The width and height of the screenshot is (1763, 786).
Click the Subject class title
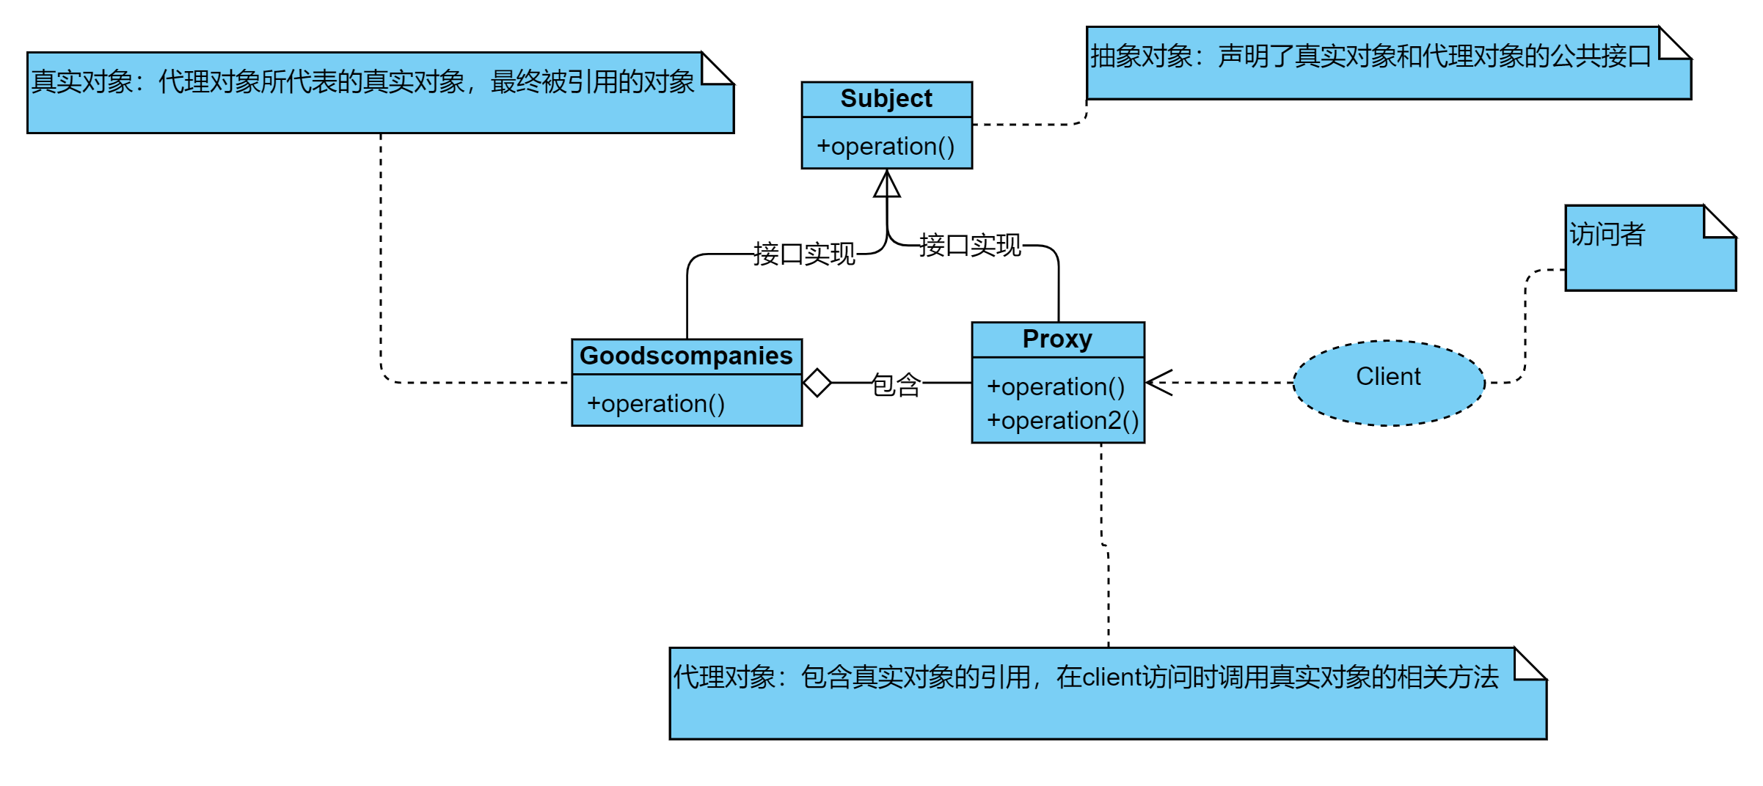tap(886, 99)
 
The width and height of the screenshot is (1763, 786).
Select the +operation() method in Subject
tap(886, 147)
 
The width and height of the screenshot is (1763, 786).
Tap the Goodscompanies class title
tap(686, 356)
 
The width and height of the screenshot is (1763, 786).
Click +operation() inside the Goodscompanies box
tap(655, 404)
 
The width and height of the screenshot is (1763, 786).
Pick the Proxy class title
tap(1057, 339)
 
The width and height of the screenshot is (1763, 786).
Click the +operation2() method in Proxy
tap(1062, 421)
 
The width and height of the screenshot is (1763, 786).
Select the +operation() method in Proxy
tap(1055, 387)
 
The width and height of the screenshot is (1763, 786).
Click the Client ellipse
tap(1388, 382)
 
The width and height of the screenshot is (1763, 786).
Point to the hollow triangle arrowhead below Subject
tap(886, 185)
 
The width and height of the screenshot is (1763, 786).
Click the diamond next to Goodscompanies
tap(817, 383)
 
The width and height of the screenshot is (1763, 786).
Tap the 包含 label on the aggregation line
tap(896, 384)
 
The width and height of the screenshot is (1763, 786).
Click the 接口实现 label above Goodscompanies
tap(804, 254)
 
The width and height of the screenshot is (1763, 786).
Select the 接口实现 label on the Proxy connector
tap(970, 246)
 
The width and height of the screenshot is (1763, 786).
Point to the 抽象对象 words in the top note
tap(1141, 56)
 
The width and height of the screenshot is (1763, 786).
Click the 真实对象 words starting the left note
tap(81, 82)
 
